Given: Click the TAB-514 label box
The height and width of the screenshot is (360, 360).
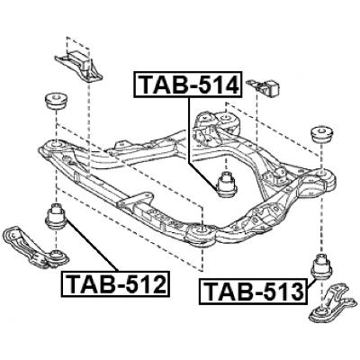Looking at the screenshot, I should [x=187, y=85].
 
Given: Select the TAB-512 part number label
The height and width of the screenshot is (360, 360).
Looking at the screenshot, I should [x=116, y=285].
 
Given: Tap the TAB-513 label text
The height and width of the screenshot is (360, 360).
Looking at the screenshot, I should [x=252, y=292].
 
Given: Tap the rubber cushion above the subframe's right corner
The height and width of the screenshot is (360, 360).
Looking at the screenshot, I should [x=319, y=135].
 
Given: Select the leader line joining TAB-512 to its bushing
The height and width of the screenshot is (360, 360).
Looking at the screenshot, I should [x=86, y=247].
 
